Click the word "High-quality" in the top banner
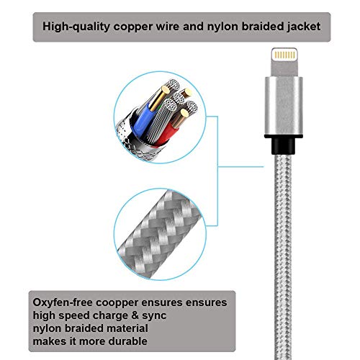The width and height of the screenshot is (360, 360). (76, 27)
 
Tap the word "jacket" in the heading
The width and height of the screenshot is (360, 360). (304, 27)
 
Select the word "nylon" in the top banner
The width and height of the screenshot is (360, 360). (222, 27)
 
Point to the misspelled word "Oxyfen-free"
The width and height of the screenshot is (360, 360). (63, 302)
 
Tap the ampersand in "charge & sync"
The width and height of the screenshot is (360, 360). (135, 315)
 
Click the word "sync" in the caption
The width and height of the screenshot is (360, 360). (154, 316)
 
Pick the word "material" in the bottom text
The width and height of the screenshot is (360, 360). (127, 328)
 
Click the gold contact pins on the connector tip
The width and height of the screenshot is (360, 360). (284, 55)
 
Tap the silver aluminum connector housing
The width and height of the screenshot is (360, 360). (284, 107)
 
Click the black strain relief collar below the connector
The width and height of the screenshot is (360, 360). (283, 145)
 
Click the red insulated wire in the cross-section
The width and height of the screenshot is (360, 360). (168, 135)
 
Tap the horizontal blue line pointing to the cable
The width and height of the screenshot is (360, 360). (240, 166)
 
